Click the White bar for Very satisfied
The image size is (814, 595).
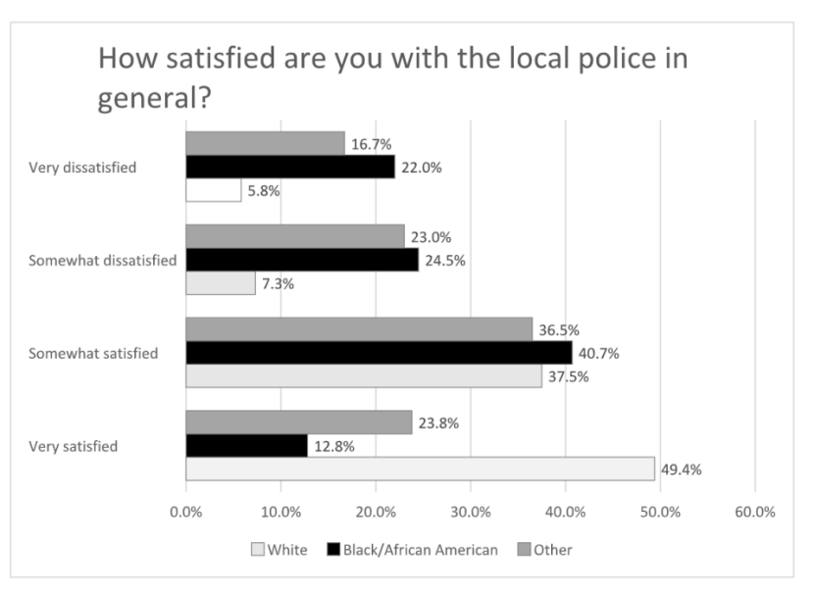[x=420, y=469]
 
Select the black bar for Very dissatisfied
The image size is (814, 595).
[x=290, y=167]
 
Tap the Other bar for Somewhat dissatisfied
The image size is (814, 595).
[x=295, y=236]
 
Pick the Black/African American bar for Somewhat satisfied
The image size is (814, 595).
[x=379, y=352]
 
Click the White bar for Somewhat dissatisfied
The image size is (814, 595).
[x=221, y=283]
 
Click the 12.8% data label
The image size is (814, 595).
[x=334, y=446]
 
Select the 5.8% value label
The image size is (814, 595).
[x=263, y=191]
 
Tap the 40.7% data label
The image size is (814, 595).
[x=598, y=353]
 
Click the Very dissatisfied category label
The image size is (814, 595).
[x=82, y=168]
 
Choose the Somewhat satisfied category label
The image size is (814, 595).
[x=93, y=353]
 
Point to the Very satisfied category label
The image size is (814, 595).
[x=74, y=446]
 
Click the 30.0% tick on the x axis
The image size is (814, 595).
[x=470, y=512]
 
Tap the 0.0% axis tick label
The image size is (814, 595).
[x=186, y=512]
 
